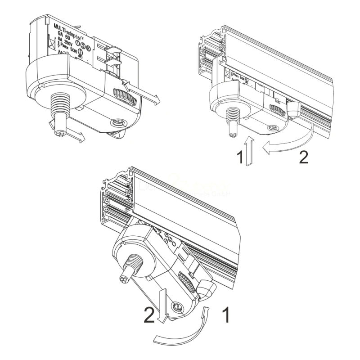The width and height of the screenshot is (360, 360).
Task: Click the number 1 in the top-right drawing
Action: [240, 157]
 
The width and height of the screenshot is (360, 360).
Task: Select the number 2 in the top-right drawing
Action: [304, 157]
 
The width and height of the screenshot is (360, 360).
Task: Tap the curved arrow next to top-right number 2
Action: [288, 142]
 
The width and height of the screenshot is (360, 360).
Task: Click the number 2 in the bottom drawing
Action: [150, 315]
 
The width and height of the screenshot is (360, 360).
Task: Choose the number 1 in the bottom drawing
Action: [226, 315]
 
